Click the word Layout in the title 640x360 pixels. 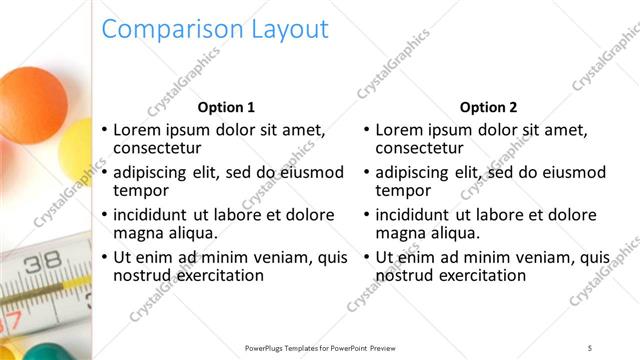(x=283, y=30)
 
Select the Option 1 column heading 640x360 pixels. (x=226, y=107)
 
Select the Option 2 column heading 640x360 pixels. (x=488, y=107)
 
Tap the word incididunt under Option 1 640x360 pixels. (x=152, y=215)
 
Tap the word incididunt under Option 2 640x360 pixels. (x=415, y=215)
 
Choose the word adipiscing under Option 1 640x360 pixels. (x=154, y=172)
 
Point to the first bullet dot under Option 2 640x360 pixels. (x=367, y=131)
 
